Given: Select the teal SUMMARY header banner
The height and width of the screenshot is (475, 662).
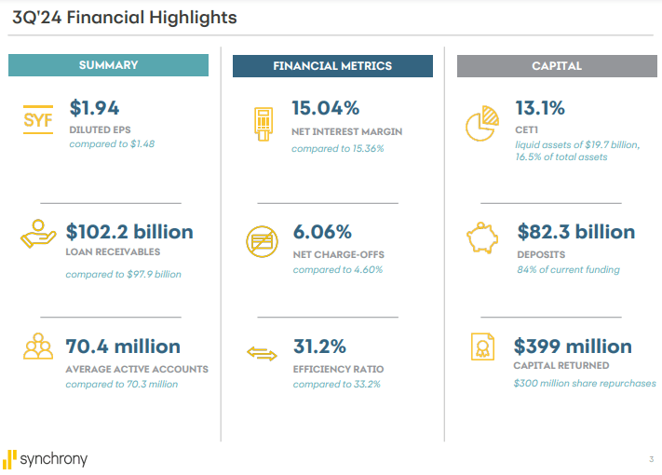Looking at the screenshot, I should coord(108,65).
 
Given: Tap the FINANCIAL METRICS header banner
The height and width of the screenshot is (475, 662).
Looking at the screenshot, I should coord(332,66).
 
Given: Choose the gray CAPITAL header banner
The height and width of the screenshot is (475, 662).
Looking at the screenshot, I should coord(556,66).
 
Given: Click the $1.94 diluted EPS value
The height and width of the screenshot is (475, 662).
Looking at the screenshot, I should coord(94,108).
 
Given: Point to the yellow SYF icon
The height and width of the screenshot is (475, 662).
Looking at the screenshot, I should coord(38,120).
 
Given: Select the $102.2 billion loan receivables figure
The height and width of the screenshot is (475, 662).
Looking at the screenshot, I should coord(129,232).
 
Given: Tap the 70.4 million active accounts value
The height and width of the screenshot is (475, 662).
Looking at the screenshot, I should coord(123,346).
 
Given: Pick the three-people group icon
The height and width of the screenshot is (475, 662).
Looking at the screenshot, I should coord(38,346).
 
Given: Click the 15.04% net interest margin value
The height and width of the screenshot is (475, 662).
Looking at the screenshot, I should coord(325,108).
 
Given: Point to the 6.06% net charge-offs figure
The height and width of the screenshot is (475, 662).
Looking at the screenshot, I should coord(322,232).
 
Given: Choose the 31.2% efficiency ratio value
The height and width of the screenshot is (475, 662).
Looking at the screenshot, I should coord(319,346).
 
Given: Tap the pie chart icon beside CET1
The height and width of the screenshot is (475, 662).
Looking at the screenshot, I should coord(480,123).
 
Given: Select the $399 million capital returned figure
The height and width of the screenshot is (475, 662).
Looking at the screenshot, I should coord(573,346).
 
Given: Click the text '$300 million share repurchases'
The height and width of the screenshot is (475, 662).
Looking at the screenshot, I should coord(585,384).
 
